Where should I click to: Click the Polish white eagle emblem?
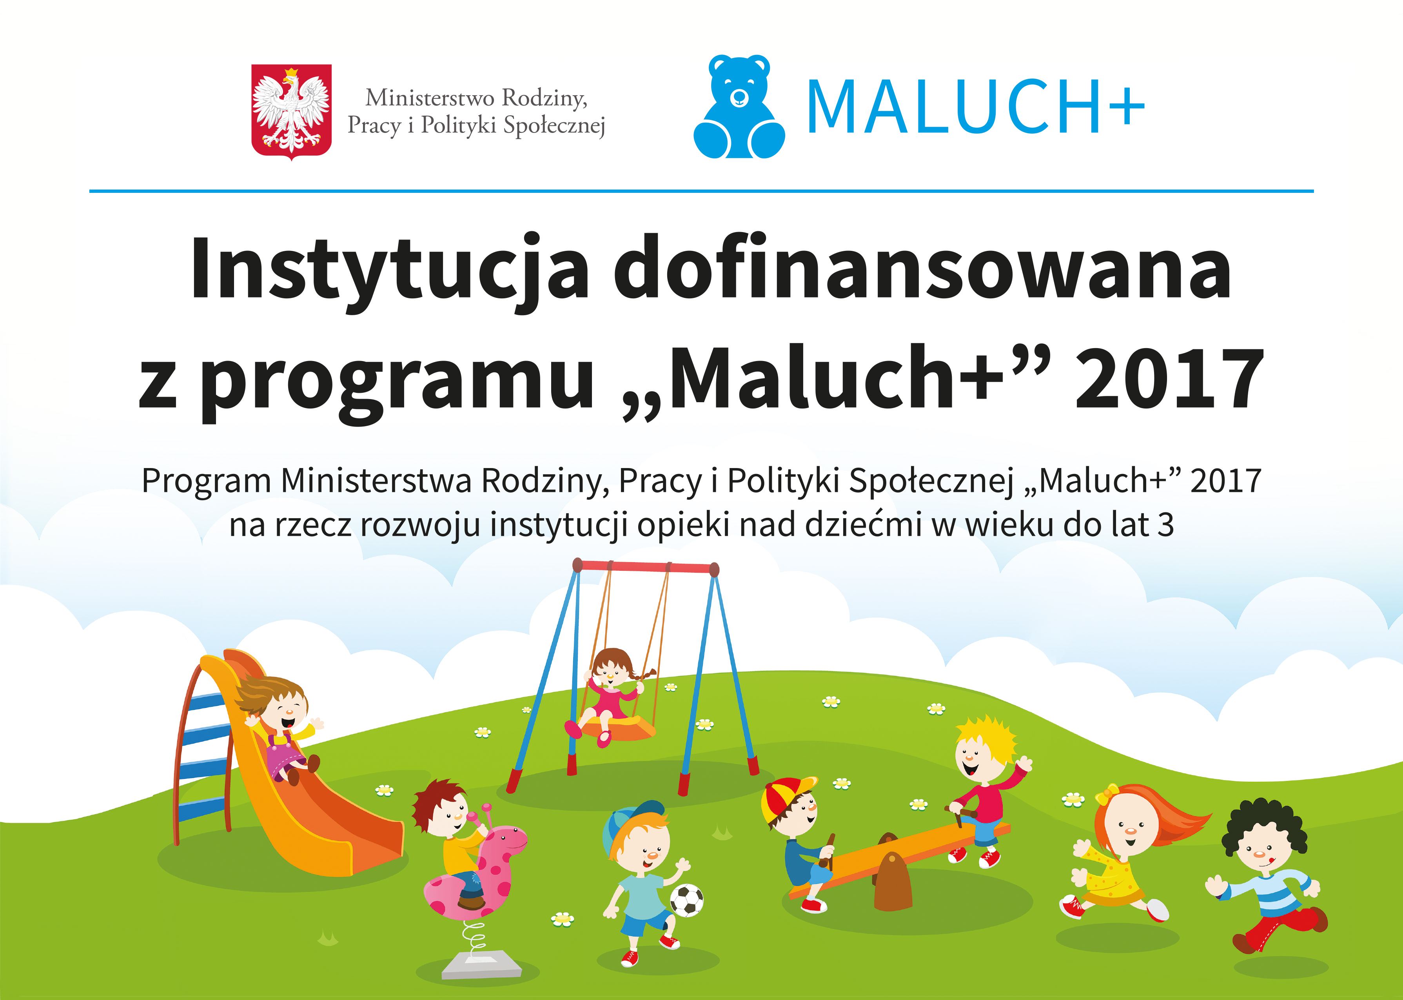point(291,112)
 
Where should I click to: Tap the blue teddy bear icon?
point(739,107)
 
